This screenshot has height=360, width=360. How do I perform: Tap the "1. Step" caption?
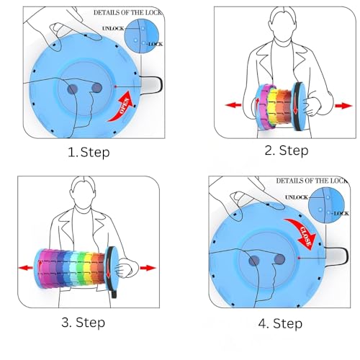89,153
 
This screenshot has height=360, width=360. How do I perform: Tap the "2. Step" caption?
287,150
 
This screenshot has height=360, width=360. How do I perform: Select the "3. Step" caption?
83,323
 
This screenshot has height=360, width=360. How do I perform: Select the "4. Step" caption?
280,323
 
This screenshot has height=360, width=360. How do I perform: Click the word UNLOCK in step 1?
113,28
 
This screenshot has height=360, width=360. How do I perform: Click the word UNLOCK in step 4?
297,197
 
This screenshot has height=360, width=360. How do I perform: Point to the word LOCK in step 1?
156,44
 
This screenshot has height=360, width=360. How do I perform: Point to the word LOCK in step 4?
341,213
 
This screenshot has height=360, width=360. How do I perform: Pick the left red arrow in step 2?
233,105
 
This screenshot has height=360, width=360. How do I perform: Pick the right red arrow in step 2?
343,106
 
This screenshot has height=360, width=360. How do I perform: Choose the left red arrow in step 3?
26,268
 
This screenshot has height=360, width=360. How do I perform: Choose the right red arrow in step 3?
148,268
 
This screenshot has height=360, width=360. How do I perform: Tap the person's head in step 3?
83,193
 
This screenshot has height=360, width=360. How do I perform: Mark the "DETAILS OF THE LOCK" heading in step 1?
127,12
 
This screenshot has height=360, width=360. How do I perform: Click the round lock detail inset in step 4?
326,206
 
